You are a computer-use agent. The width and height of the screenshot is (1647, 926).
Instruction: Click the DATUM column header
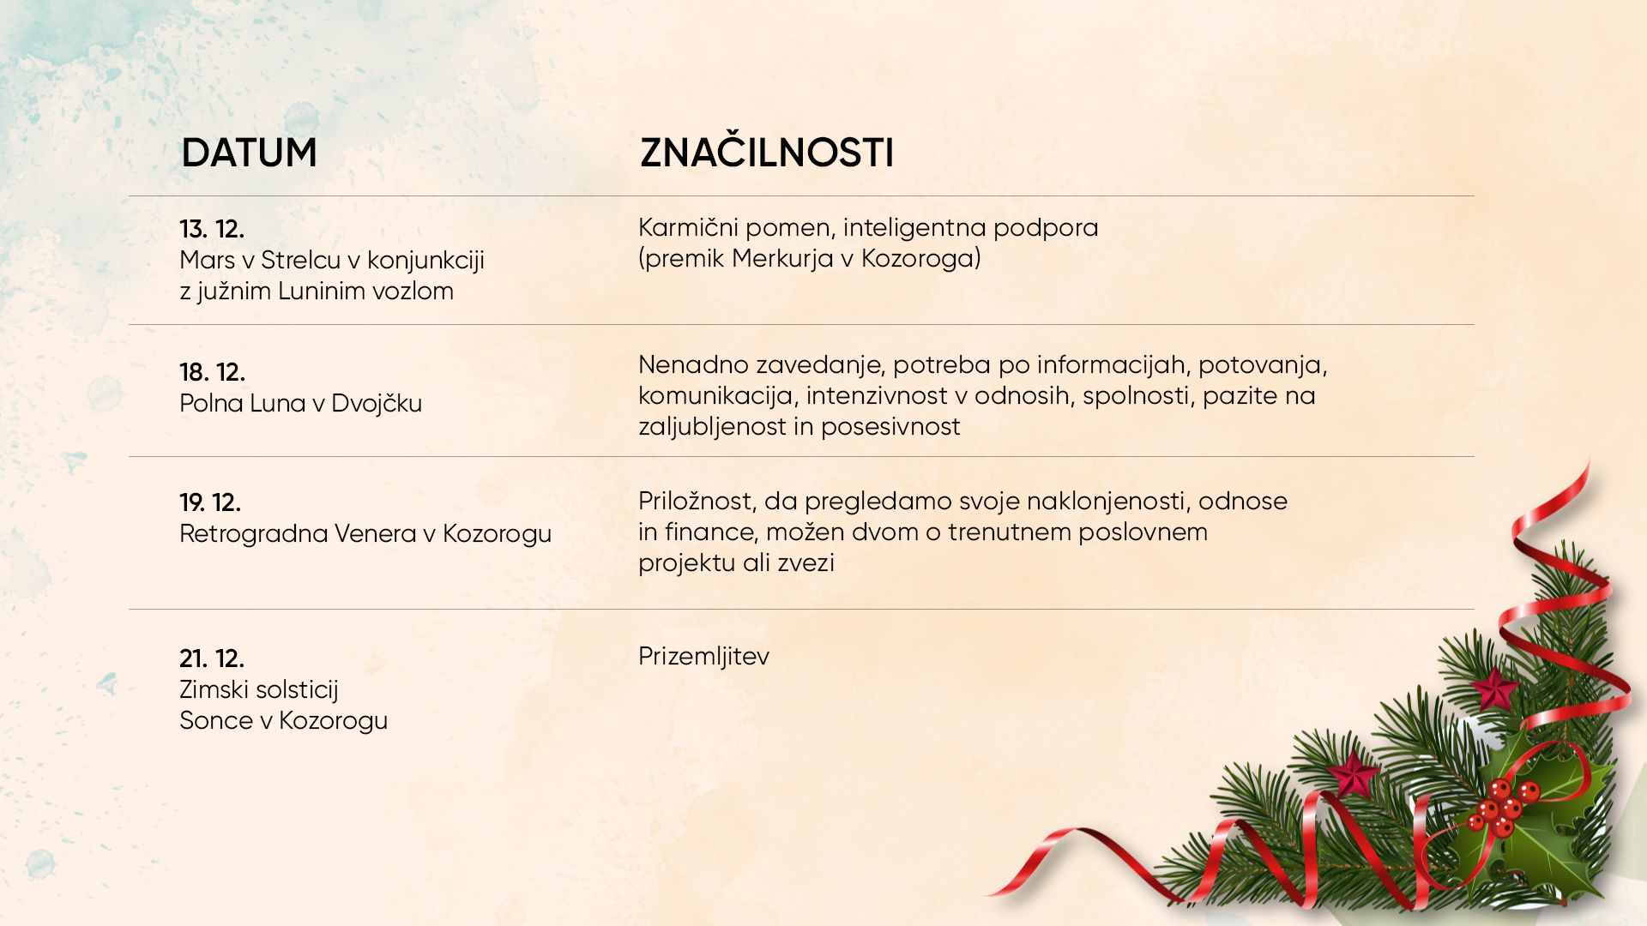click(x=249, y=153)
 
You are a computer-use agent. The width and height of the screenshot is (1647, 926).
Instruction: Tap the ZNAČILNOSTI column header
click(x=767, y=152)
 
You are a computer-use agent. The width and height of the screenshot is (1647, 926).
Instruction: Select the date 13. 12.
click(x=212, y=229)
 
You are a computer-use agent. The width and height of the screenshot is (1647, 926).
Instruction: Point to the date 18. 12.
click(x=212, y=372)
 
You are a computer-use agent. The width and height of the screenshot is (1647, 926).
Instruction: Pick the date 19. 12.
click(x=210, y=502)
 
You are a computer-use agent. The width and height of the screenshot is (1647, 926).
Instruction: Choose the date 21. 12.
click(x=212, y=658)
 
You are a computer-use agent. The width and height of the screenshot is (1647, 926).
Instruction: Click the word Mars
click(x=207, y=260)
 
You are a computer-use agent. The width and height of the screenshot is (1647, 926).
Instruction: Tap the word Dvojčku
click(x=377, y=403)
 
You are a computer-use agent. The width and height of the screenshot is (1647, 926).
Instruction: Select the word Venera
click(x=376, y=533)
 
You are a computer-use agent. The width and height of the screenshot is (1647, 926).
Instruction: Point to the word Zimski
click(x=212, y=689)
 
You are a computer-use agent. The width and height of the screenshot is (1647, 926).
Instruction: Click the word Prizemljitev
click(x=703, y=657)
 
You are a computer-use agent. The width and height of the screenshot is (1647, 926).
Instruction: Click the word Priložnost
click(x=697, y=502)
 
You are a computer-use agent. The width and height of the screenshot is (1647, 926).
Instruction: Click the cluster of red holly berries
click(x=1501, y=807)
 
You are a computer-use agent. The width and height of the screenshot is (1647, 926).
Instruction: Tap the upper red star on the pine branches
click(x=1494, y=688)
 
